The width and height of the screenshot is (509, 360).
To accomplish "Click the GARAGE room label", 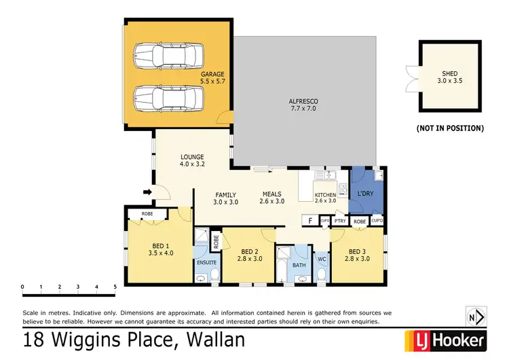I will pyautogui.click(x=212, y=74).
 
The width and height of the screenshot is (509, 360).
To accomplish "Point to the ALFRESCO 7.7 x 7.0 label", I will pyautogui.click(x=303, y=105).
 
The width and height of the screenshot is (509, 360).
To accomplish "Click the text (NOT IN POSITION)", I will pyautogui.click(x=449, y=128).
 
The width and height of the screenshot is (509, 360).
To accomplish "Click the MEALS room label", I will pyautogui.click(x=272, y=194).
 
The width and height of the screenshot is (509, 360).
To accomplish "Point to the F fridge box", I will pyautogui.click(x=310, y=221).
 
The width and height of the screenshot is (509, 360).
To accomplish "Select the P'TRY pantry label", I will pyautogui.click(x=341, y=221).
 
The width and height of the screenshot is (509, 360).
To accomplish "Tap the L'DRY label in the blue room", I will pyautogui.click(x=366, y=194).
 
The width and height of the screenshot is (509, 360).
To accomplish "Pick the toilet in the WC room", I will pyautogui.click(x=322, y=274).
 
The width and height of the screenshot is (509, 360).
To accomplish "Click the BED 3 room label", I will pyautogui.click(x=357, y=251).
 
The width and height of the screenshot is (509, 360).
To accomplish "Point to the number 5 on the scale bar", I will pyautogui.click(x=115, y=287).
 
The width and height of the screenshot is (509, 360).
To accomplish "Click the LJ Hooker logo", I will pyautogui.click(x=446, y=339).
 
